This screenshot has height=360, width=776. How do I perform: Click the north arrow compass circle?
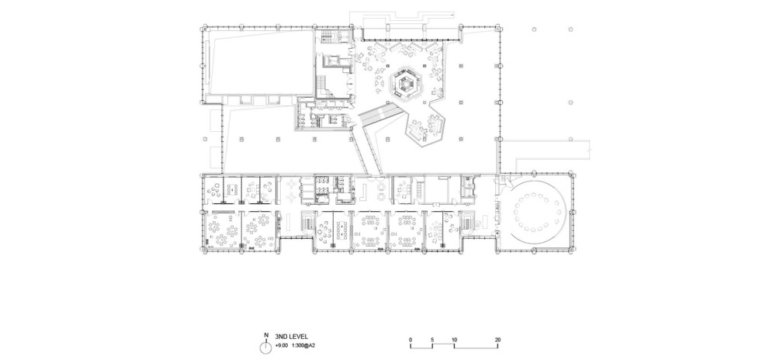click(x=267, y=347)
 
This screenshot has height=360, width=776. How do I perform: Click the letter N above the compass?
click(x=266, y=334)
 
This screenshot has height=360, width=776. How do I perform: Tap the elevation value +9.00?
click(x=282, y=344)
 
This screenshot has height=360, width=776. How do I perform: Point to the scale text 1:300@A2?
click(x=305, y=344)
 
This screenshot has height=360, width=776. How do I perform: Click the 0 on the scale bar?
click(x=411, y=340)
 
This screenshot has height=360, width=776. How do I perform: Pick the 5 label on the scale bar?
click(x=432, y=340)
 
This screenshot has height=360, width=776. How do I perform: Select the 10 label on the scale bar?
click(x=454, y=340)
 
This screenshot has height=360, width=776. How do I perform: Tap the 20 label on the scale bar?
click(x=498, y=340)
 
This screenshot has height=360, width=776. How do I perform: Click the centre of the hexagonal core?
click(x=407, y=85)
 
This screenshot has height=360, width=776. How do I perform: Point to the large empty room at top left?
click(x=258, y=62)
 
